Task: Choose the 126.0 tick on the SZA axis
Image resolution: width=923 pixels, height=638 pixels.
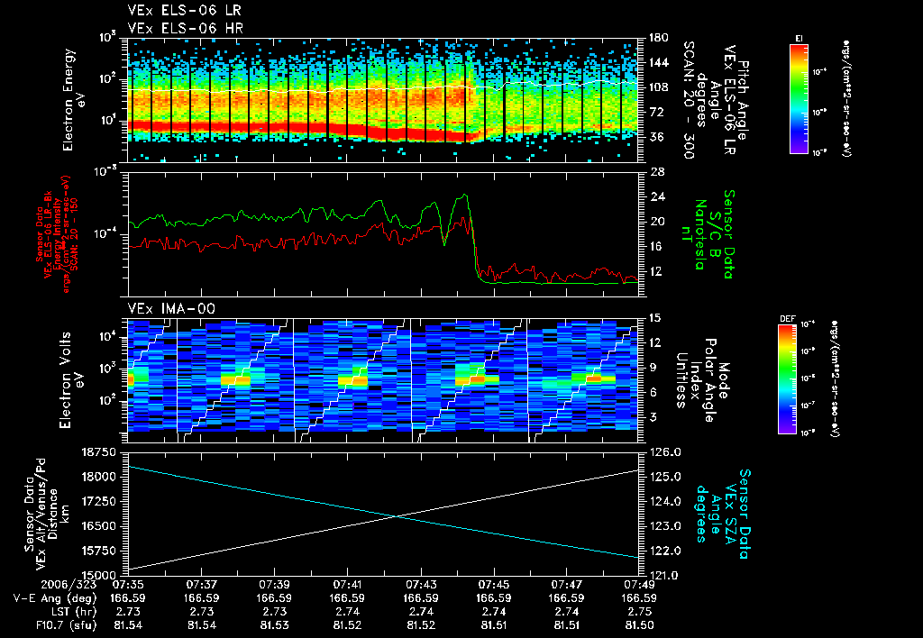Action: [x=656, y=452]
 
